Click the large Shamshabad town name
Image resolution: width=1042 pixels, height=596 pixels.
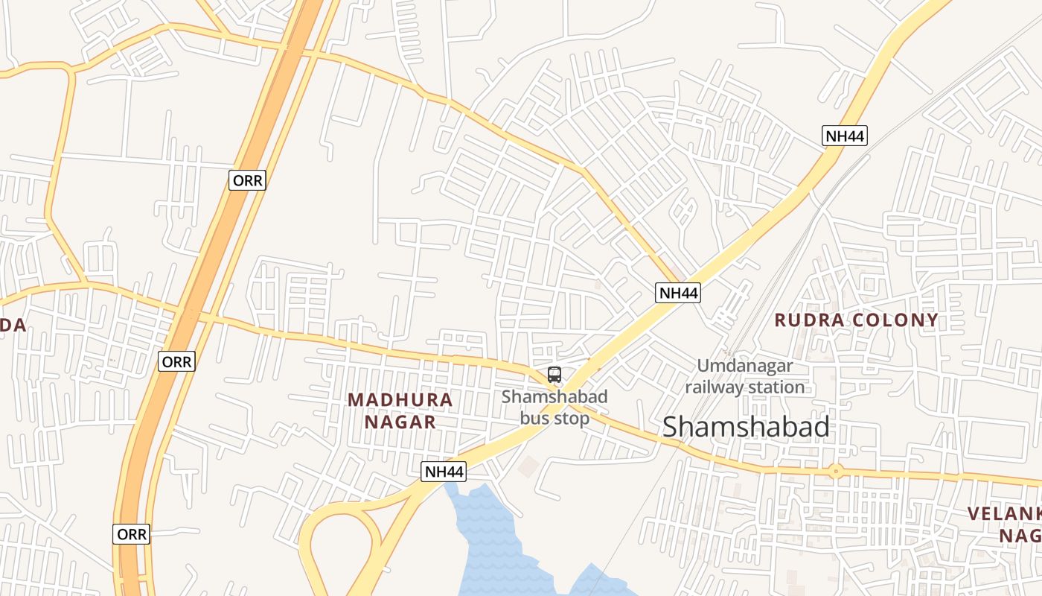(x=746, y=427)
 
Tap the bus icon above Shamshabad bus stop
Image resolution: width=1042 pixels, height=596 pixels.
(x=554, y=375)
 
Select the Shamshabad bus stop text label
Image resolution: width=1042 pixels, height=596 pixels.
(x=554, y=407)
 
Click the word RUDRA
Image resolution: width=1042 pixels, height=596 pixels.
(x=810, y=320)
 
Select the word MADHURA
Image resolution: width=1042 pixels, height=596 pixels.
(x=400, y=400)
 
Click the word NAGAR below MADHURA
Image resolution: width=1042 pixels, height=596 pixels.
(x=400, y=422)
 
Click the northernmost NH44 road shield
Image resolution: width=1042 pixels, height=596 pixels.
(x=845, y=136)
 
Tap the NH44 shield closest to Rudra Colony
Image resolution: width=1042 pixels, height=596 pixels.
(x=678, y=293)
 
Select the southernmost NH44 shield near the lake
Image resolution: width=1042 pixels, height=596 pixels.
(x=444, y=472)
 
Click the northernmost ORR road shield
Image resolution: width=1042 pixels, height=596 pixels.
(x=246, y=180)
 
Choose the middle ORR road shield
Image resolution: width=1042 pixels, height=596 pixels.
(x=176, y=362)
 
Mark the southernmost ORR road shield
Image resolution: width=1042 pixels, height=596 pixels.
(x=132, y=534)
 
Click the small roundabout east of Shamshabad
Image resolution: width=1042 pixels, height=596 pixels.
(x=836, y=471)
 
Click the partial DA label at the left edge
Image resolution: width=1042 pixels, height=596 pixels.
(x=13, y=325)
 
